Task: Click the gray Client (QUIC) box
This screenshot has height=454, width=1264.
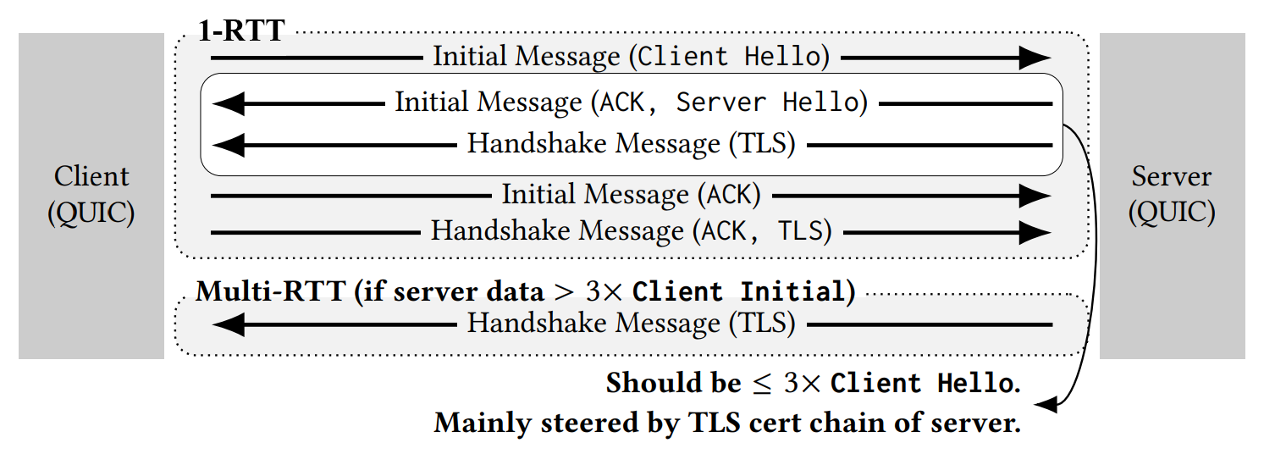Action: point(91,195)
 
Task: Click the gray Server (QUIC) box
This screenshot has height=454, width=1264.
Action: point(1172,195)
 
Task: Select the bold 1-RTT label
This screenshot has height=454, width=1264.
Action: point(241,31)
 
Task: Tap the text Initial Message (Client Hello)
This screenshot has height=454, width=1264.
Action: point(631,57)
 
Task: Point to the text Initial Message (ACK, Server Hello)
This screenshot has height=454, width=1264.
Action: point(631,102)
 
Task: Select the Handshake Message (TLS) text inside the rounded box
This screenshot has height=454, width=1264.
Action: point(631,144)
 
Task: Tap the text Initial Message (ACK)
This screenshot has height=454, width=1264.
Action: point(631,195)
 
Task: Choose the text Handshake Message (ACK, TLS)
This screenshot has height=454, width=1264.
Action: point(631,230)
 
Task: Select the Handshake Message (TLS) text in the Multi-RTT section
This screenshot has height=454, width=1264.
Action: point(631,323)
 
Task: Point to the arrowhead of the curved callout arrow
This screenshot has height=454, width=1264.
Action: point(1046,406)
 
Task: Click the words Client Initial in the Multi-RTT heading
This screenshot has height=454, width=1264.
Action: point(739,291)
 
